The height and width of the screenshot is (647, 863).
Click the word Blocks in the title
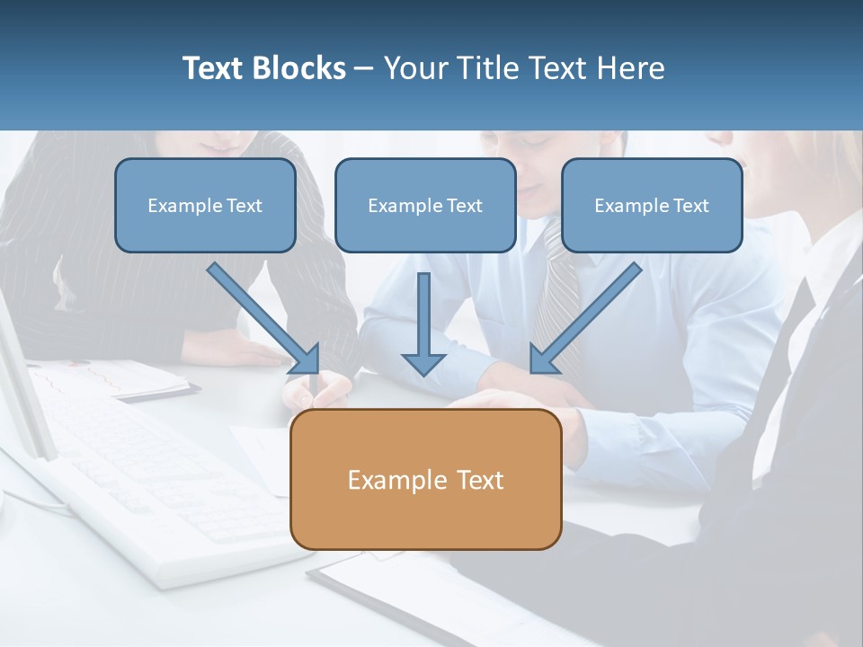(300, 68)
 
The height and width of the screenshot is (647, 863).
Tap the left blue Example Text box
(205, 205)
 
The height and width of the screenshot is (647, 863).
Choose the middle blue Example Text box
(425, 205)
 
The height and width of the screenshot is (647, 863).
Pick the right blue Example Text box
(652, 205)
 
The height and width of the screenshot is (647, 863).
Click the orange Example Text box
(425, 479)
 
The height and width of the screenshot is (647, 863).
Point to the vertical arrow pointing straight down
(423, 323)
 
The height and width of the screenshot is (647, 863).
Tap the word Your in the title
(413, 68)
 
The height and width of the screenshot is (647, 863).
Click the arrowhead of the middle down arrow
(423, 363)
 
